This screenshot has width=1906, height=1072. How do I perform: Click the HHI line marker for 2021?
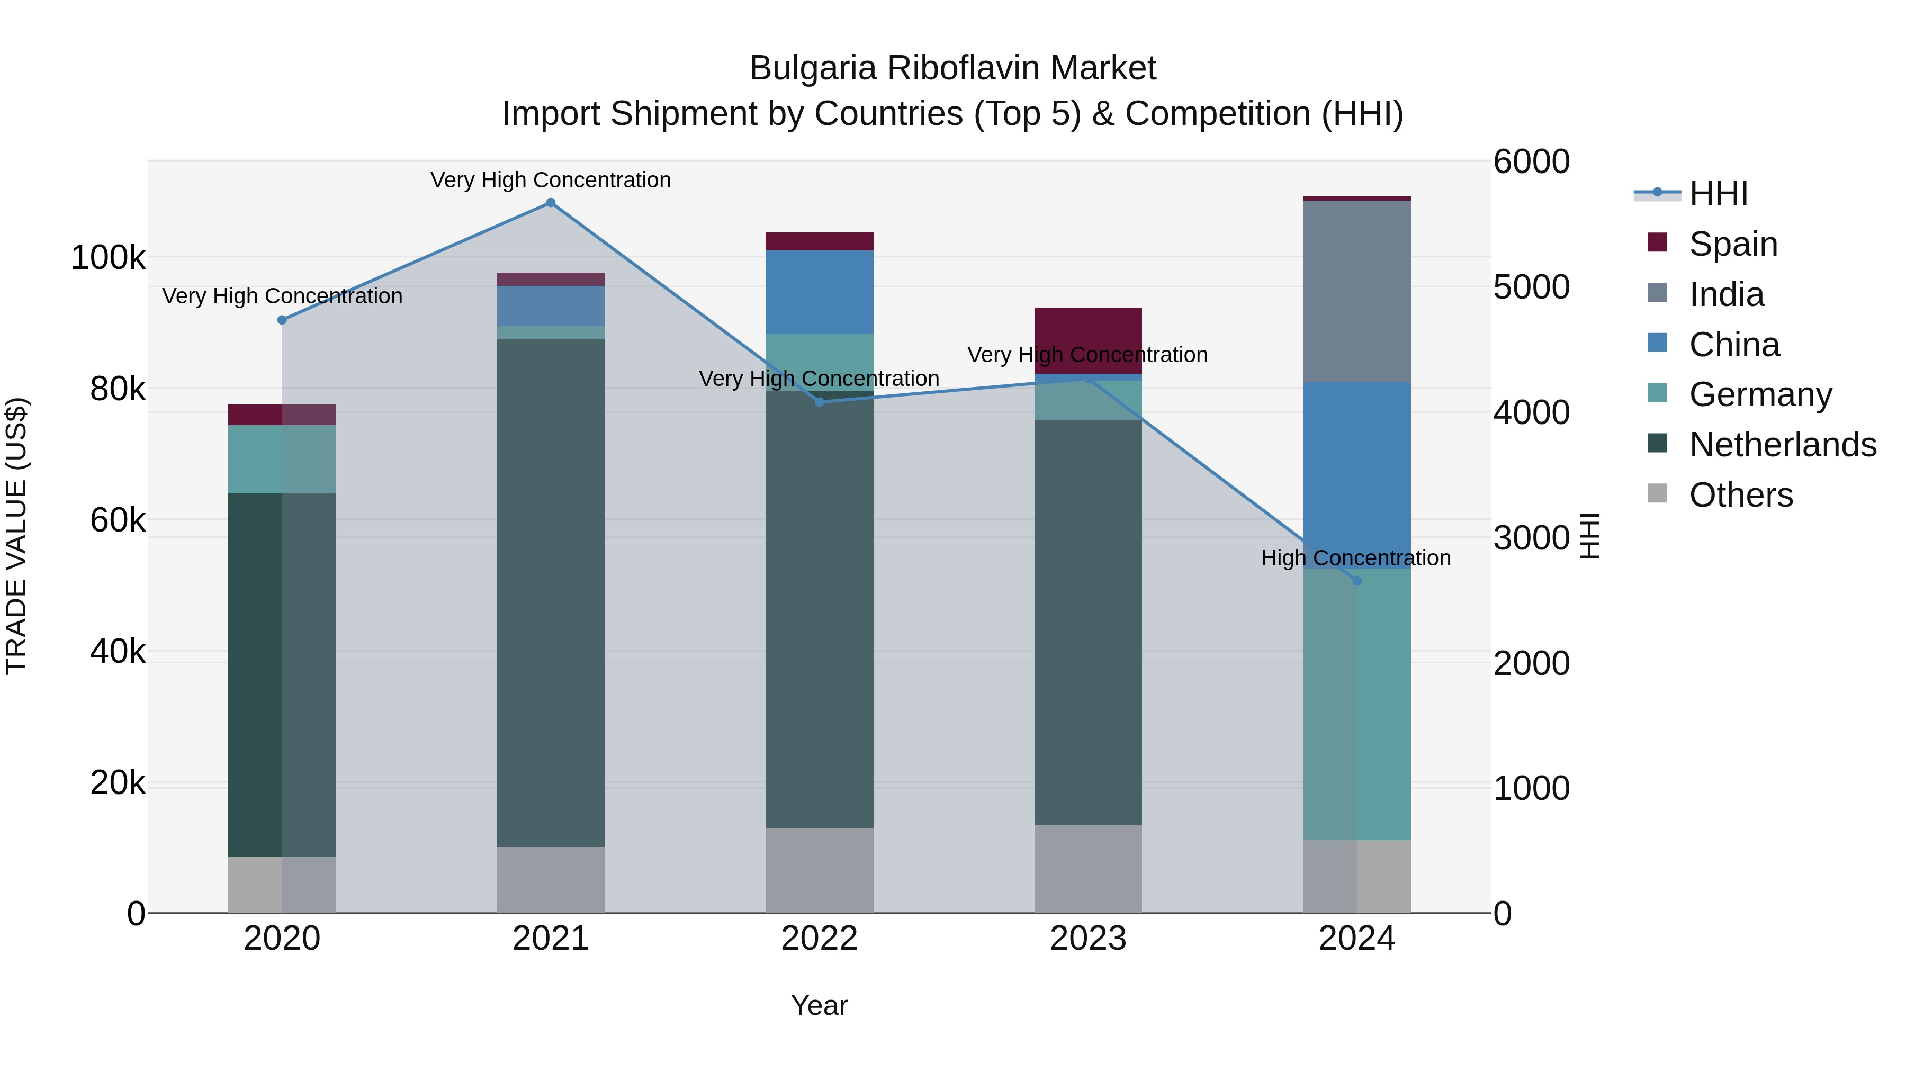[x=551, y=203]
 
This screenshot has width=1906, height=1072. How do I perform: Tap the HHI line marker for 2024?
[x=1356, y=581]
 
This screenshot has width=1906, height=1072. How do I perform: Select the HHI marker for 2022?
[x=819, y=402]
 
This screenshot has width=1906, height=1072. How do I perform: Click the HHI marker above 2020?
[x=282, y=320]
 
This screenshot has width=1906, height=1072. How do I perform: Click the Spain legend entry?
[x=1732, y=244]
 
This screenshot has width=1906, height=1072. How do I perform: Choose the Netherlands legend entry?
[x=1782, y=445]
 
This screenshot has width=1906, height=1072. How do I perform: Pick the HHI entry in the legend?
[x=1718, y=194]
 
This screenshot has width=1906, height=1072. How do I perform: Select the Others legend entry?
[x=1740, y=495]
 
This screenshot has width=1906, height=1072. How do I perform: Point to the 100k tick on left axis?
[x=108, y=258]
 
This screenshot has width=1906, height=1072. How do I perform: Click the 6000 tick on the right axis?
[x=1531, y=162]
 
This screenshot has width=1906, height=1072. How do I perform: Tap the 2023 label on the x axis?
[x=1087, y=939]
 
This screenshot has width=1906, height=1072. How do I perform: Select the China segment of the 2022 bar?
[x=819, y=292]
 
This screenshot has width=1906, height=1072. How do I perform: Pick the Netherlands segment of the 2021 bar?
[x=551, y=592]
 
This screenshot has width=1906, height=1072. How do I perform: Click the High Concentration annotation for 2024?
[x=1355, y=558]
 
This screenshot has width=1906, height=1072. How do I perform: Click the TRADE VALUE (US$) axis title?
[x=16, y=536]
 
